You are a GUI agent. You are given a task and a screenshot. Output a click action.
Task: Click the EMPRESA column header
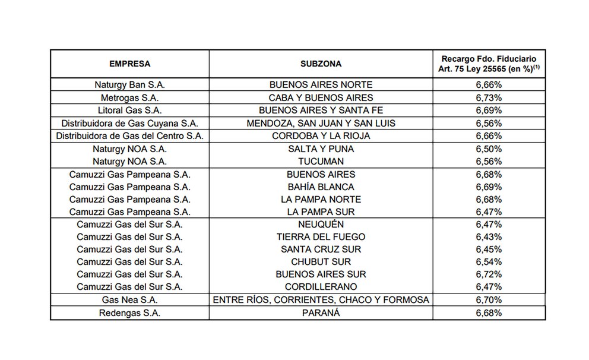coord(129,64)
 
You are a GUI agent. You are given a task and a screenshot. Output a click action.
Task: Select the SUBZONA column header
coord(321,64)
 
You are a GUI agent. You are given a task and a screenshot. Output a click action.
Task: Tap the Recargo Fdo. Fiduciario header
coord(489,64)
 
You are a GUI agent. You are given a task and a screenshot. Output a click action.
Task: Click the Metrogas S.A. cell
coord(129,97)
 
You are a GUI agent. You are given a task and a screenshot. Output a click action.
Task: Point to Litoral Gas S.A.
coord(129,110)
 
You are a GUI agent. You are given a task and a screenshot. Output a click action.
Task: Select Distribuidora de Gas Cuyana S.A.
coord(129,123)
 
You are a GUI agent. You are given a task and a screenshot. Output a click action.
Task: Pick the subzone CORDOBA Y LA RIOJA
coord(321,136)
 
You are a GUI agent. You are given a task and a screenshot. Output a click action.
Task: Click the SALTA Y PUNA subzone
coord(321,149)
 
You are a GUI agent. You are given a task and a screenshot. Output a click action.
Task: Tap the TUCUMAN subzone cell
coord(321,162)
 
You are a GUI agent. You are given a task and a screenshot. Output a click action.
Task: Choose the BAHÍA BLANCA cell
coord(321,187)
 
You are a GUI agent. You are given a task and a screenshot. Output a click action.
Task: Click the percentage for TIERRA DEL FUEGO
coord(489,236)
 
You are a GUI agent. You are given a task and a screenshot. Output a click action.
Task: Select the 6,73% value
coord(489,97)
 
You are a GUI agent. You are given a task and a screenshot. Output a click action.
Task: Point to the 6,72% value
coord(489,274)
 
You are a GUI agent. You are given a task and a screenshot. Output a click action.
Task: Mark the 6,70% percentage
coord(489,299)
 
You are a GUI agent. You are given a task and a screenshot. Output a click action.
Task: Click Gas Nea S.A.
coord(129,299)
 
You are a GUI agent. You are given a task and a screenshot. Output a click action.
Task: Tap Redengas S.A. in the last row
coord(129,312)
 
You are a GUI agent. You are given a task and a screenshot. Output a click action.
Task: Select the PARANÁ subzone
coord(321,312)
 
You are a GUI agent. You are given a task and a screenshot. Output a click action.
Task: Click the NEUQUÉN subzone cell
coord(321,224)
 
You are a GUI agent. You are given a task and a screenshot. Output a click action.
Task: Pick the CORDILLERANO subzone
coord(321,286)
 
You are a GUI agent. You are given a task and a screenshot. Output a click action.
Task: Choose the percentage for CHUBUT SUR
coord(489,261)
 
